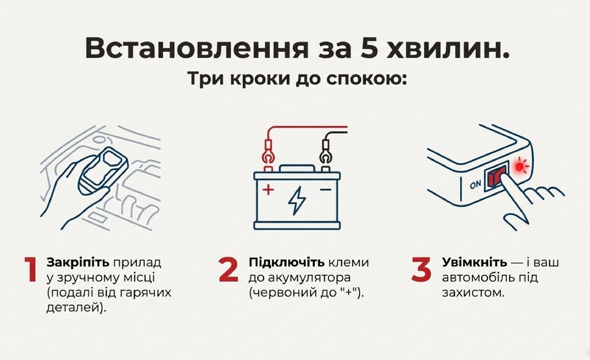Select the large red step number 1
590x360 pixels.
pyautogui.click(x=30, y=269)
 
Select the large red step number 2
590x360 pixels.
pyautogui.click(x=228, y=269)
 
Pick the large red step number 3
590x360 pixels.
pyautogui.click(x=421, y=269)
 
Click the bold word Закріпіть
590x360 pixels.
pyautogui.click(x=78, y=262)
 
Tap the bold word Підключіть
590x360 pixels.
pyautogui.click(x=287, y=262)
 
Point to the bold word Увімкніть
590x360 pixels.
pyautogui.click(x=475, y=262)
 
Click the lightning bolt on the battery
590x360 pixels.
pyautogui.click(x=297, y=200)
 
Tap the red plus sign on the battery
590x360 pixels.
pyautogui.click(x=268, y=189)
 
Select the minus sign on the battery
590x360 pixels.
pyautogui.click(x=326, y=189)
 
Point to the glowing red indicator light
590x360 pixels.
pyautogui.click(x=519, y=166)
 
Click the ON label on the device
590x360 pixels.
pyautogui.click(x=475, y=184)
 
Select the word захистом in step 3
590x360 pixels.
pyautogui.click(x=473, y=293)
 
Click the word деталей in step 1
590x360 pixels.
pyautogui.click(x=74, y=308)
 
